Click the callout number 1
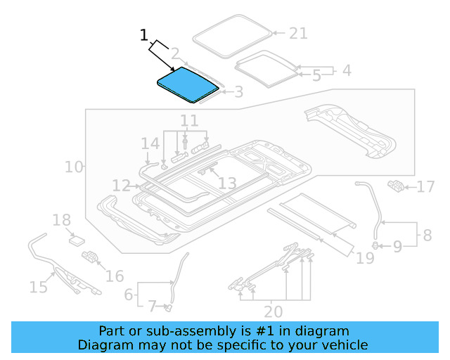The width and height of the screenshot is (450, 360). pos(143,34)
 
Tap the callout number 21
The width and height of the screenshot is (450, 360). pos(298,33)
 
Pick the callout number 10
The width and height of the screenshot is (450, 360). pos(73,167)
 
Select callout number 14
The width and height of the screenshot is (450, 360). pos(150,144)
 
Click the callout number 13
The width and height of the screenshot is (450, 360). pos(226,184)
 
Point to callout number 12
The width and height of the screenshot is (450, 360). pos(121,186)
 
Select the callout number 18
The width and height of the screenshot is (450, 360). pos(61,220)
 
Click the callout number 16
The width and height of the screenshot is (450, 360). pos(114,276)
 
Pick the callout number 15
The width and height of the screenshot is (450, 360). pos(38,286)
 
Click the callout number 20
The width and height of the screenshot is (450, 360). pos(273,311)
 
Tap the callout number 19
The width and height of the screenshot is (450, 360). pos(365,258)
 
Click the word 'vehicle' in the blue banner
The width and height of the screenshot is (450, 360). pos(343,345)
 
